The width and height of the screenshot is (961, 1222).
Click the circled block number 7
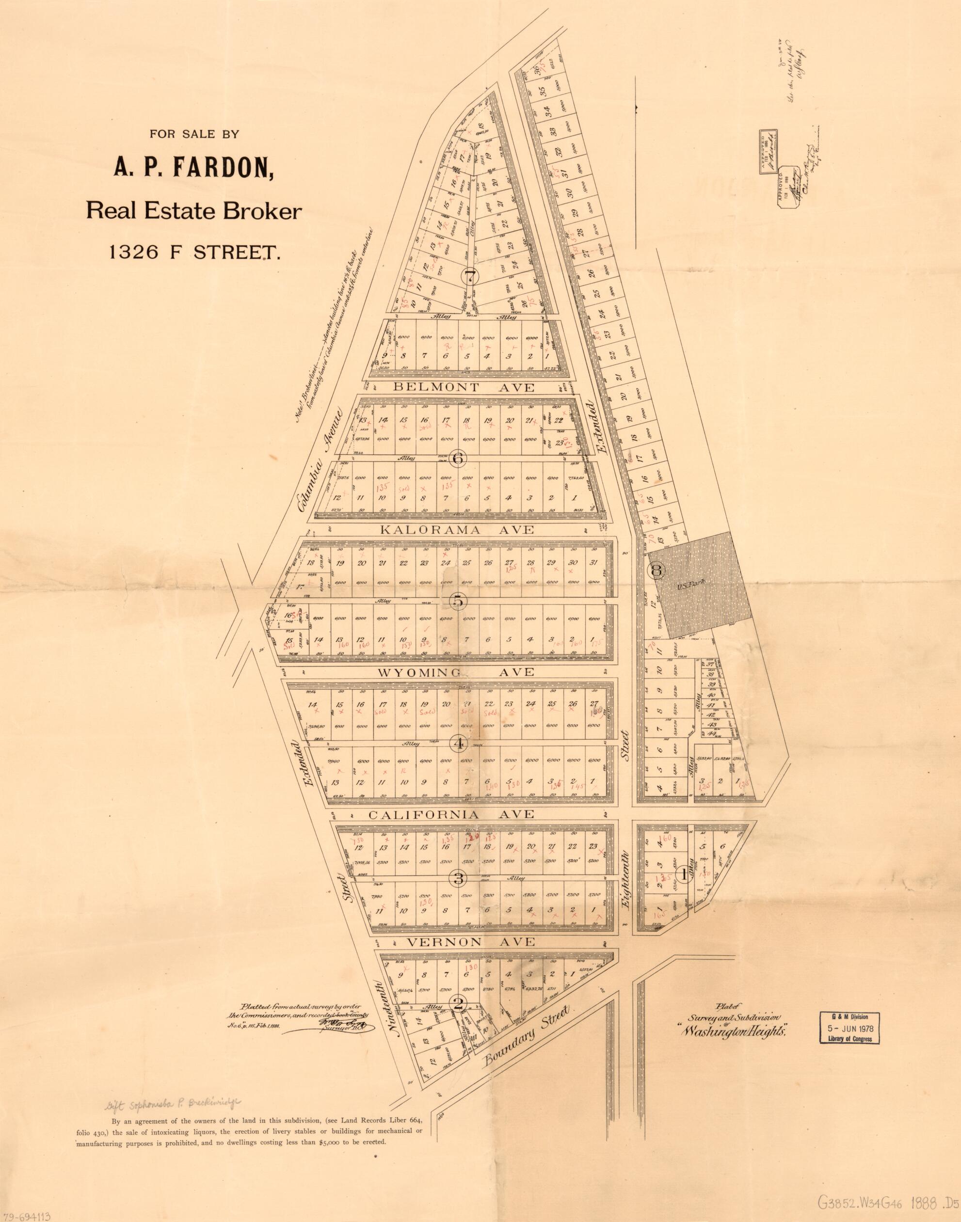coord(469,276)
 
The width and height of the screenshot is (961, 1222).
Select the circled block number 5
coord(457,601)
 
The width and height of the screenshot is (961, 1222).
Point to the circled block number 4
coord(459,744)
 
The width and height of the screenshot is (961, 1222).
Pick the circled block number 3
coord(459,878)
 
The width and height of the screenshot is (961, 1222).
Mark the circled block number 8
coord(657,570)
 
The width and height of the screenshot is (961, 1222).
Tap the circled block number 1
coord(684,874)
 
